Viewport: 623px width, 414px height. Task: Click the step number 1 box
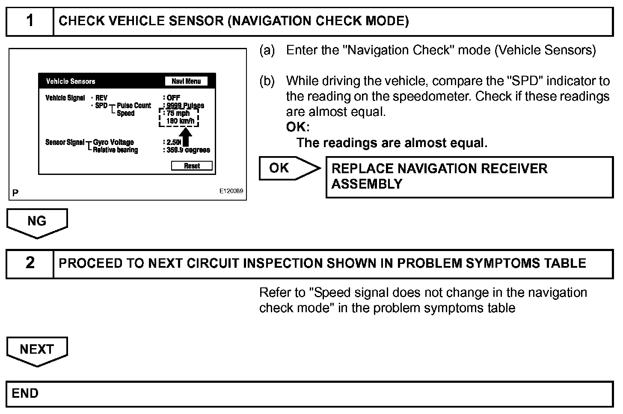point(30,21)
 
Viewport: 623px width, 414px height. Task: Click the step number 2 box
point(30,263)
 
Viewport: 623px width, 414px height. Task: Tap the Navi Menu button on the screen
point(186,81)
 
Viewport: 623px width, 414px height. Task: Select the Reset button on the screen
point(192,166)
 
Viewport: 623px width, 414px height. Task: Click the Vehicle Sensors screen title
point(71,81)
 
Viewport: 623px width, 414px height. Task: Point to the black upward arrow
point(187,137)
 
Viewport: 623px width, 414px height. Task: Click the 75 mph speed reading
point(178,113)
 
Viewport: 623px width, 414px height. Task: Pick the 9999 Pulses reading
point(185,105)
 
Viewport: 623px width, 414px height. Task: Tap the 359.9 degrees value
point(188,150)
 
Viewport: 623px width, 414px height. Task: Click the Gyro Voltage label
point(113,142)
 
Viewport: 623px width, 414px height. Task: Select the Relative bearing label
point(116,150)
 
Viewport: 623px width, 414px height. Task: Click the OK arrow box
point(287,168)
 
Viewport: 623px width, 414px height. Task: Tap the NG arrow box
point(37,222)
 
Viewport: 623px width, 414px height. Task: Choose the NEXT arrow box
point(37,350)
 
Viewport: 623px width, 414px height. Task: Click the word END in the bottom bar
point(25,393)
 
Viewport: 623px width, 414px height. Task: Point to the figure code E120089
point(231,191)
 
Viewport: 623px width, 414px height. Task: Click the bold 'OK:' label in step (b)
point(297,127)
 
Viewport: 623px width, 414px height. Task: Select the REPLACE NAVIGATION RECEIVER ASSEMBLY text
point(439,176)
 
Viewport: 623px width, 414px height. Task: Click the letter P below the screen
point(15,193)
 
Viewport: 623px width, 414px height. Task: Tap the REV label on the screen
point(101,98)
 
